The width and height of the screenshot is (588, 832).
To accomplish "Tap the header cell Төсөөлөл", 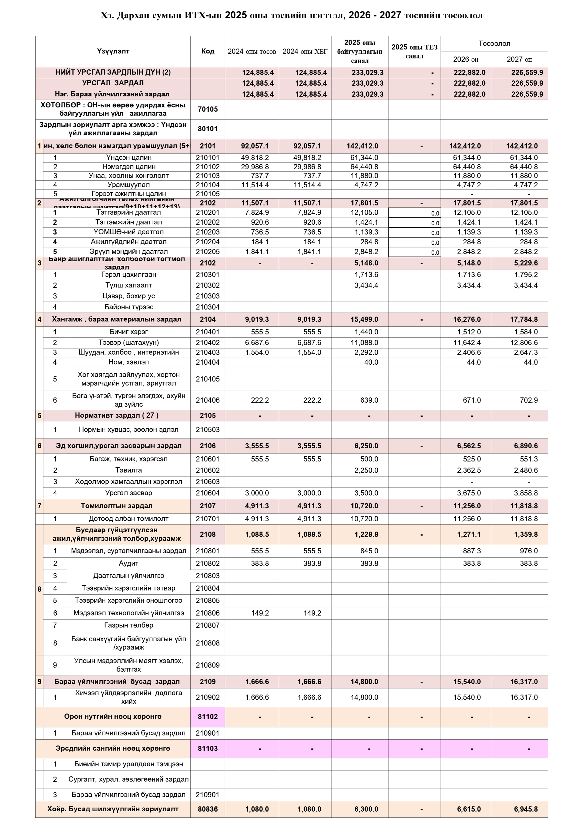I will (494, 44).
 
